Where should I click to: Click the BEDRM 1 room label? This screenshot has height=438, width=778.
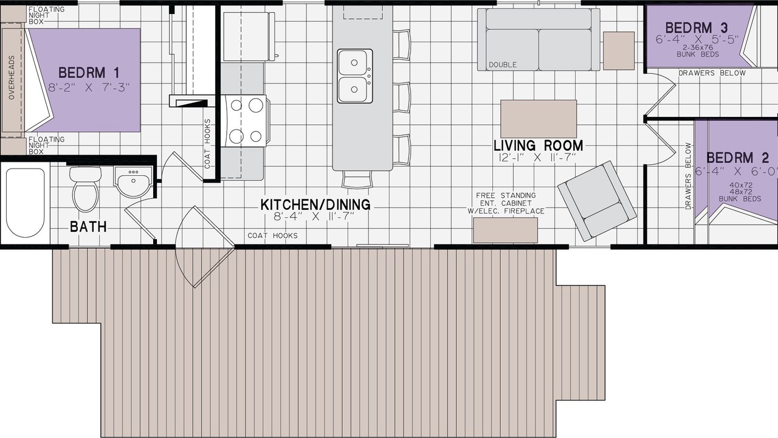pos(89,73)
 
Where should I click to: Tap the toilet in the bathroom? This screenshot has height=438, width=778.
pos(85,189)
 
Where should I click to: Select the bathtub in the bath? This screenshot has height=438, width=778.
pos(26,203)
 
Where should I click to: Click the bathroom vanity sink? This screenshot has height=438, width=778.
pos(133,181)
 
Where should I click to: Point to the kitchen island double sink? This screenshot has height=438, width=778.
pos(354,76)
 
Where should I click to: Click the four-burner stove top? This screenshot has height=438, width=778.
pos(246,121)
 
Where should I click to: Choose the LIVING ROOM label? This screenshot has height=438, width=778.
pos(539,145)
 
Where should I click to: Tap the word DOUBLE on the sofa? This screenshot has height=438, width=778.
pos(503,64)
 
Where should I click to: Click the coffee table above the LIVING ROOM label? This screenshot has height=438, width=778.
pos(539,119)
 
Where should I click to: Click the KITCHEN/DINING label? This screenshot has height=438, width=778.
pos(315,204)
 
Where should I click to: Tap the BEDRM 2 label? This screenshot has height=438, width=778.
pos(738,158)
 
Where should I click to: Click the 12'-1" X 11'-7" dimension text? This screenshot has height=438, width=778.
pos(537,158)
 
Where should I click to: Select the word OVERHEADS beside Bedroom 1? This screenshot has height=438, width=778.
pos(12,77)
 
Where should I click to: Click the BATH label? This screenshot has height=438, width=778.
pos(88,227)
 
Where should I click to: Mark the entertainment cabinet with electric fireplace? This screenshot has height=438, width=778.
pos(505,230)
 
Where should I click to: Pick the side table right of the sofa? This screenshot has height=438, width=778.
pos(619,50)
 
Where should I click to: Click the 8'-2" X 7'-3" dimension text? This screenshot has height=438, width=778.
pos(89,87)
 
